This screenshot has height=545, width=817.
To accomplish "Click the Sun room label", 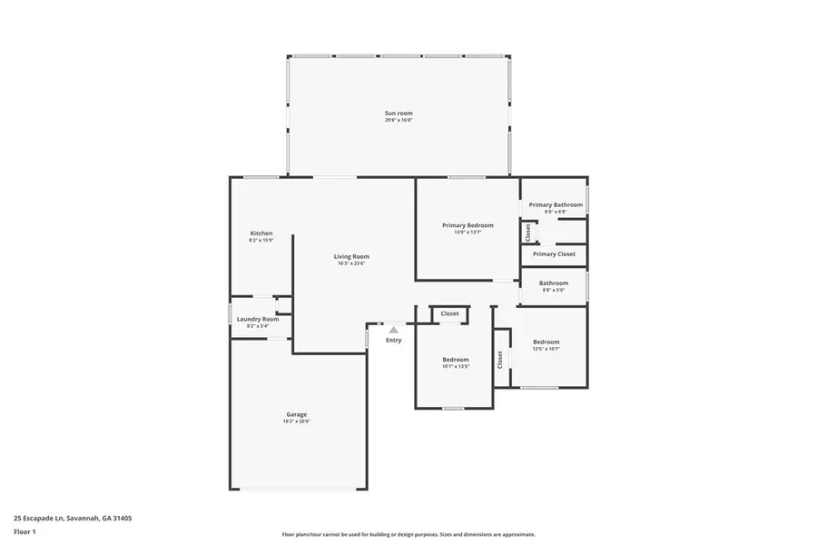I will click(x=398, y=114).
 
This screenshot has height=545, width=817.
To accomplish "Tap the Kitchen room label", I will click(x=261, y=233).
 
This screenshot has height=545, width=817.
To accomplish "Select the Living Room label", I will click(x=351, y=256).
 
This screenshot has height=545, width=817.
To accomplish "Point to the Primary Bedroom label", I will click(x=468, y=225).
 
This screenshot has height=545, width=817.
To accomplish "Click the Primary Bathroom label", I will click(x=556, y=205).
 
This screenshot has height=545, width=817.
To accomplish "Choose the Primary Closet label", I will click(x=554, y=254).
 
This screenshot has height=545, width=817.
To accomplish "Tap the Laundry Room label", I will click(x=258, y=319).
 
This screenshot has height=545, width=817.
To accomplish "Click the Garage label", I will click(x=297, y=414).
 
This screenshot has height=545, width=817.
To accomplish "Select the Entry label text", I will click(x=393, y=340).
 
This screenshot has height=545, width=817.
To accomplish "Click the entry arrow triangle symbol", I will click(x=393, y=330).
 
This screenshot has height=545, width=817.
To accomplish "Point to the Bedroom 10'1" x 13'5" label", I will click(x=456, y=360).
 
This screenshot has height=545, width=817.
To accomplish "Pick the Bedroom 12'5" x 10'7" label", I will click(x=546, y=342).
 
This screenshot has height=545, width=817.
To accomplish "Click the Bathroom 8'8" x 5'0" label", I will click(x=554, y=282).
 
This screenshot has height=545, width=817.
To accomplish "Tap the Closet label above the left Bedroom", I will click(x=449, y=313).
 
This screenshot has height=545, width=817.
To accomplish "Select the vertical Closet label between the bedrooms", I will click(x=499, y=360).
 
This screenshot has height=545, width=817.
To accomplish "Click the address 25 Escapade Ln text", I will click(x=73, y=518).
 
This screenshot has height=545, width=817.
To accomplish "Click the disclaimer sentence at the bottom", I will click(x=408, y=535).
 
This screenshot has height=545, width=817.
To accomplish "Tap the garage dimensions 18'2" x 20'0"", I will click(x=297, y=421).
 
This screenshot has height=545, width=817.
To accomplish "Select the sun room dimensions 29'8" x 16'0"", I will click(x=398, y=120).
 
